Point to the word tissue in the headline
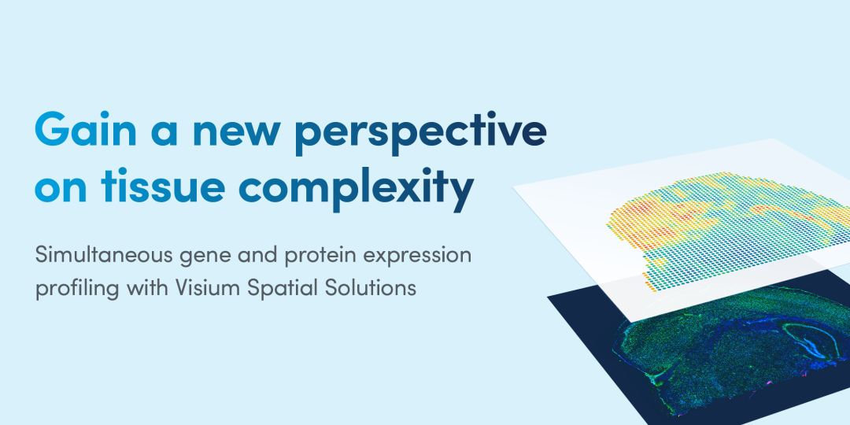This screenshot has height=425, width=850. (162, 183)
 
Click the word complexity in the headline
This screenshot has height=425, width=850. (357, 187)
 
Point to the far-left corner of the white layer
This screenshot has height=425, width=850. (513, 187)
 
